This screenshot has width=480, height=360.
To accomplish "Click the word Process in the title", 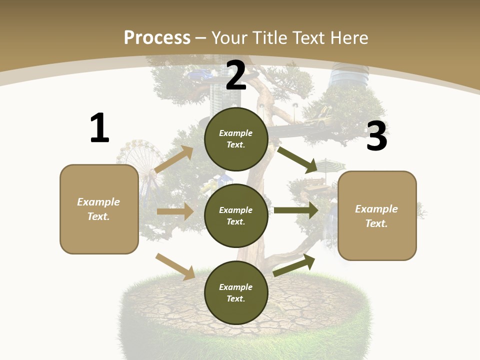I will (157, 37).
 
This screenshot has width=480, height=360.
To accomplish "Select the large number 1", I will (99, 128).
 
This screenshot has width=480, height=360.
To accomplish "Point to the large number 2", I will (236, 75).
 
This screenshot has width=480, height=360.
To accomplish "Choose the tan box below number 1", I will (99, 209).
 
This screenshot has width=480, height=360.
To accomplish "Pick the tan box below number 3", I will (377, 216).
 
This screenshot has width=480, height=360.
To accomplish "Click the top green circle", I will (236, 139).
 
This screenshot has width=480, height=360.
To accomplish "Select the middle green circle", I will (236, 215).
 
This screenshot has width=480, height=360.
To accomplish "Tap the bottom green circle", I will (236, 292).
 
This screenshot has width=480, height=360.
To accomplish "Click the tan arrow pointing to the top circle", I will (174, 159).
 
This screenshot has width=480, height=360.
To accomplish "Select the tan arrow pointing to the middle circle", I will (175, 211).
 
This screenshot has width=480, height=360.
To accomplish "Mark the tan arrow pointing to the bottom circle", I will (175, 266).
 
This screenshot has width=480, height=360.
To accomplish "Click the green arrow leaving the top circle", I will (297, 158).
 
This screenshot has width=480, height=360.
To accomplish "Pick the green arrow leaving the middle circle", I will (295, 210).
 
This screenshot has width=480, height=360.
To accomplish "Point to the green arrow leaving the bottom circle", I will (294, 265).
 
